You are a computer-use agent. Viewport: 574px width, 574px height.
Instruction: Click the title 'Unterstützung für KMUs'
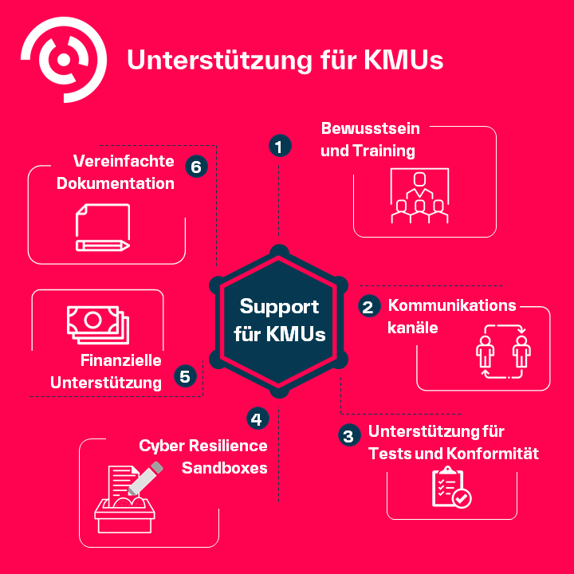click(x=285, y=61)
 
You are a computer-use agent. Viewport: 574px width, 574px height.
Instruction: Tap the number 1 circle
click(x=278, y=147)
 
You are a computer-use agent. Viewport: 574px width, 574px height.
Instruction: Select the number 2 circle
click(x=368, y=307)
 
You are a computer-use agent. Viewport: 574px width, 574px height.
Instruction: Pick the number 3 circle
click(x=348, y=435)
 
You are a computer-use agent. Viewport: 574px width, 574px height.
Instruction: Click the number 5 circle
click(x=185, y=376)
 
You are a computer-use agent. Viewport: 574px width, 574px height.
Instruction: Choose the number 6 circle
click(x=196, y=167)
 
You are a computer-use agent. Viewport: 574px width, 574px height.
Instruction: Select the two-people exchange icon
click(x=504, y=352)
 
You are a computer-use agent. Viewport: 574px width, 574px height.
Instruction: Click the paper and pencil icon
click(x=102, y=228)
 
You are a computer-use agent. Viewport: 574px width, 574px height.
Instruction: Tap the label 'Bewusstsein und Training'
click(x=369, y=140)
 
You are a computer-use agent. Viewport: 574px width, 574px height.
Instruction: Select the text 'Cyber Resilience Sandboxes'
click(x=204, y=457)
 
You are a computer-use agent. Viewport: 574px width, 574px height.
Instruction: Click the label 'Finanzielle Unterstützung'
click(x=107, y=372)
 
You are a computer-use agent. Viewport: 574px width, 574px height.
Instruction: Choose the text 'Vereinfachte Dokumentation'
click(x=116, y=172)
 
